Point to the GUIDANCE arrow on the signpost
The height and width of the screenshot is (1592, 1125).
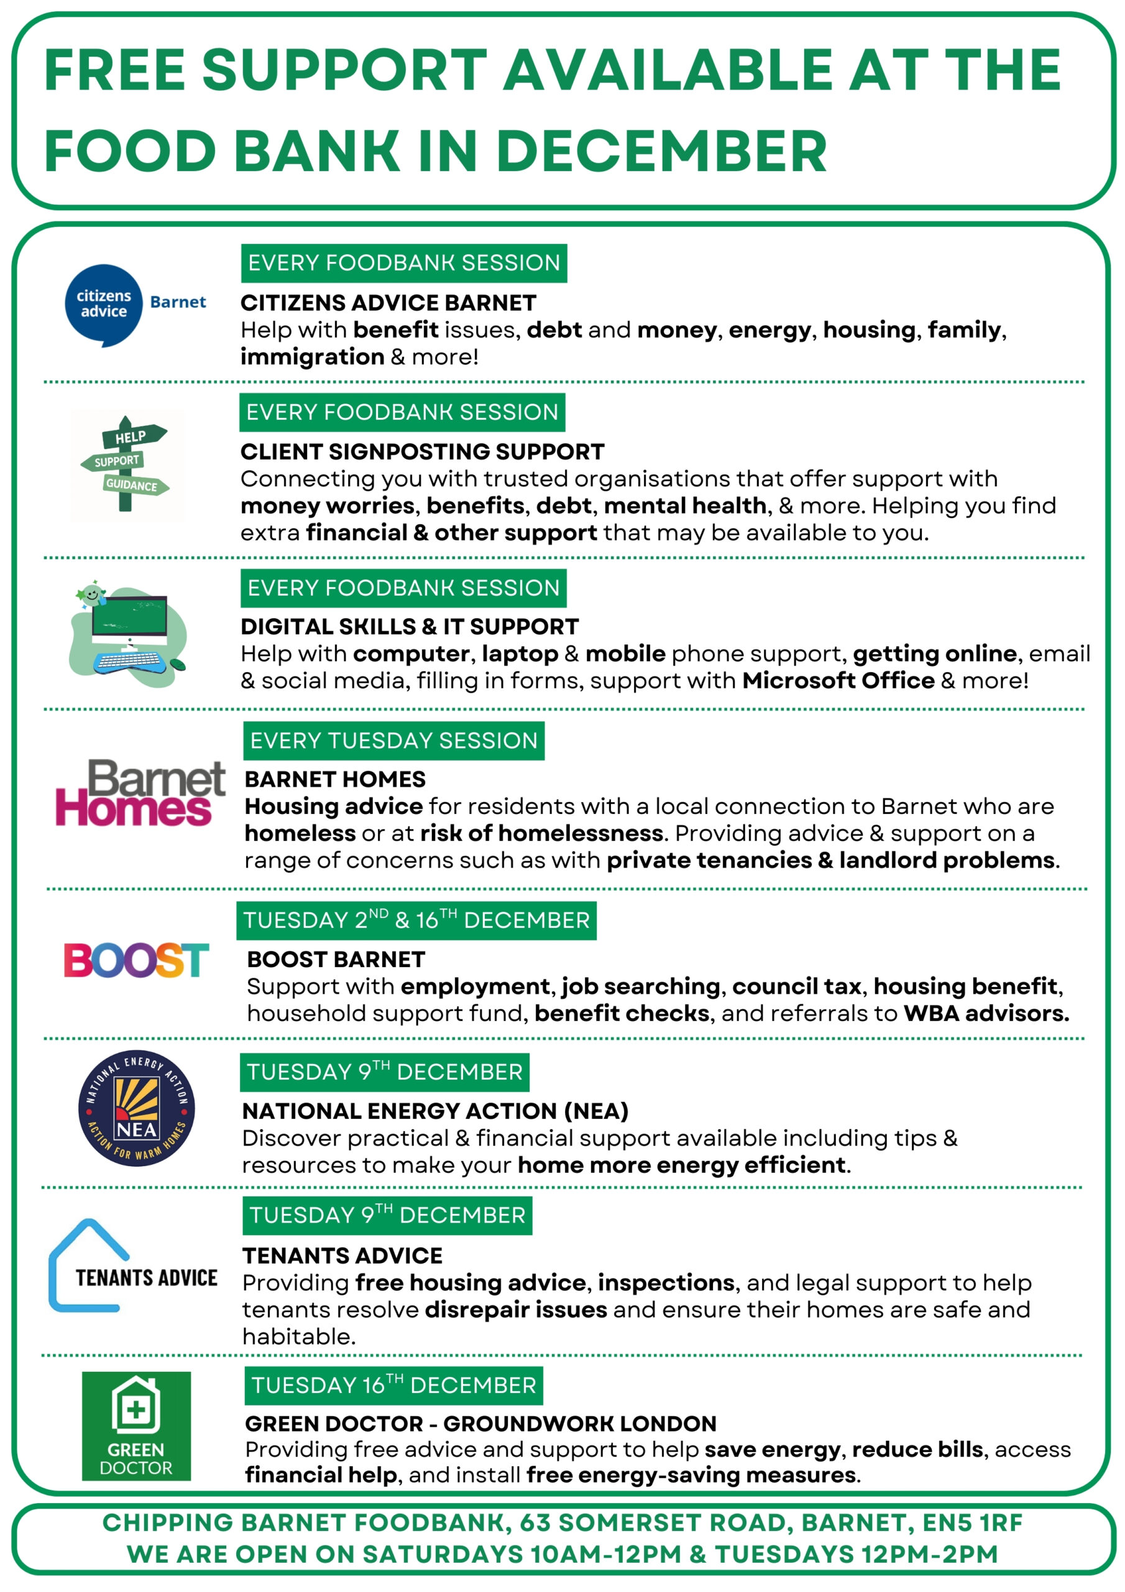point(134,484)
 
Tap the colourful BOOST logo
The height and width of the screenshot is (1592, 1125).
point(136,960)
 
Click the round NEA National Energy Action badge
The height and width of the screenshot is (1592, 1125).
point(136,1108)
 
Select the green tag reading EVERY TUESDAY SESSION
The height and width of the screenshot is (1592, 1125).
point(393,741)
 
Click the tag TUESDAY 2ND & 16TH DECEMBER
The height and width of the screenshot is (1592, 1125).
point(416,920)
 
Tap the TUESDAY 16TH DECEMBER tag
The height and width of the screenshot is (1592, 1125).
point(393,1385)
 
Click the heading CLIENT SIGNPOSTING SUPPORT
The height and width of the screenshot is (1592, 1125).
point(422,451)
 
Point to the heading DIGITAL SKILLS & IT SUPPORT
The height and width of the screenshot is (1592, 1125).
point(409,626)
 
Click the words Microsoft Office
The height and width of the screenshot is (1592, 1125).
point(838,680)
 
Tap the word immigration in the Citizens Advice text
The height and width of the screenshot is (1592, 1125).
point(312,356)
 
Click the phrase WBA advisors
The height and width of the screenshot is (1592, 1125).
point(986,1013)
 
